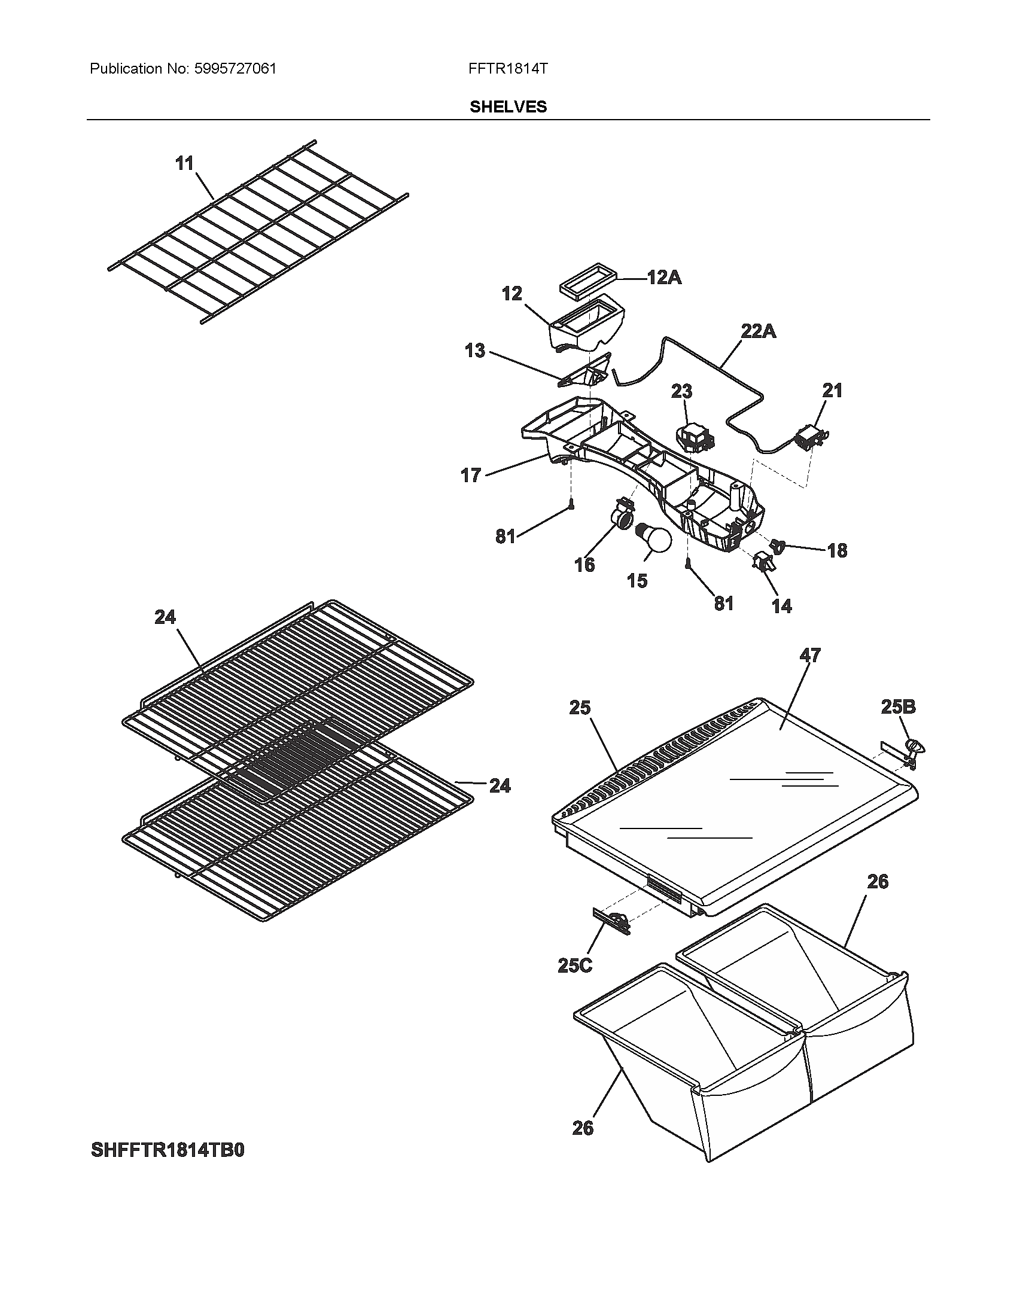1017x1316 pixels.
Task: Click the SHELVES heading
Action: point(508,107)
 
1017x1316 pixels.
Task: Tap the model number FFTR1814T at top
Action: point(507,69)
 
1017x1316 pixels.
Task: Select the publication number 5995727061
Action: point(236,69)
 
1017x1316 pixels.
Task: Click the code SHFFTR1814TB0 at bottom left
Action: point(168,1150)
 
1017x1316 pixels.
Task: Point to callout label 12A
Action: point(664,278)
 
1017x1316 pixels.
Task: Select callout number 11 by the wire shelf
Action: point(184,163)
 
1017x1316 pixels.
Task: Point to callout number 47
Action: point(810,655)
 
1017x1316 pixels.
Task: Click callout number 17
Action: point(471,476)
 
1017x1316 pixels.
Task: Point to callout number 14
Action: point(781,605)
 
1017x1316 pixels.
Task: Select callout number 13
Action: point(475,351)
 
